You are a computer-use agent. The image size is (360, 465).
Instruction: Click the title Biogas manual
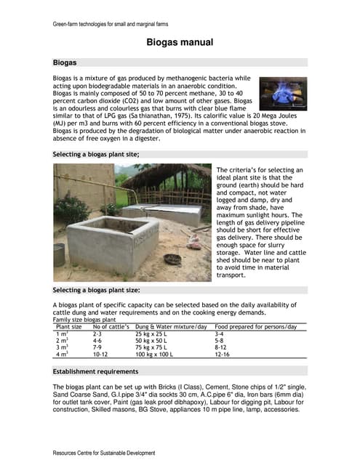pyautogui.click(x=180, y=43)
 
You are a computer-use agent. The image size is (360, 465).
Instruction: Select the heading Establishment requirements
pyautogui.click(x=98, y=370)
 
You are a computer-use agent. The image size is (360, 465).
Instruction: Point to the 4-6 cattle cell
pyautogui.click(x=98, y=341)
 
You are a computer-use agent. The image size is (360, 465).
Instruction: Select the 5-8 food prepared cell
pyautogui.click(x=221, y=341)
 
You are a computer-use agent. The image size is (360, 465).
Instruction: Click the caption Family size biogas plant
pyautogui.click(x=84, y=320)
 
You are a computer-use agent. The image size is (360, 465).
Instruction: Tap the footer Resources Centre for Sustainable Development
pyautogui.click(x=104, y=453)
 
